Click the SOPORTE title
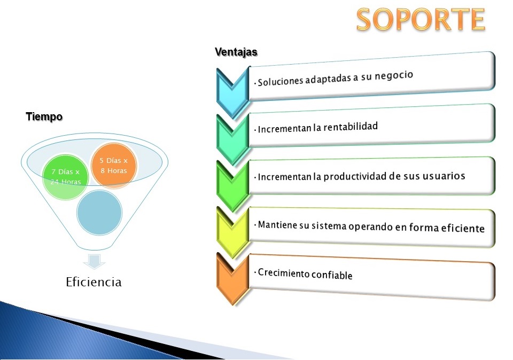421,19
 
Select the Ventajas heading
236,52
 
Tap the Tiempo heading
44,116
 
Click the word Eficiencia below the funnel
94,282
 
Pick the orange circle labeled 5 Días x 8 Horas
113,165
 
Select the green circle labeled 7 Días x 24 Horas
65,177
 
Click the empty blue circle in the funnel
99,213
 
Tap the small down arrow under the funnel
94,261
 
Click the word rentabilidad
351,127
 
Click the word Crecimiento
283,273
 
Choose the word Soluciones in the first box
281,81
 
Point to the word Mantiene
278,225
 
